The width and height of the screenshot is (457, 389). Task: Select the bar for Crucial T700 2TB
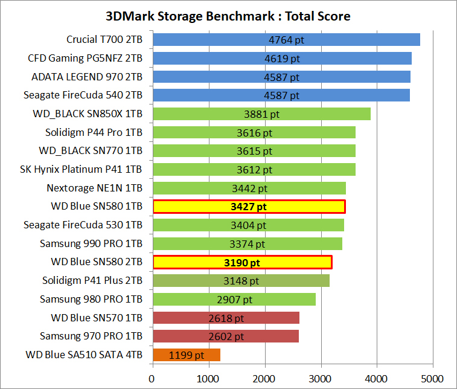pyautogui.click(x=286, y=40)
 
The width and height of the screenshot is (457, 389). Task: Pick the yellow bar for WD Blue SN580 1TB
pyautogui.click(x=249, y=207)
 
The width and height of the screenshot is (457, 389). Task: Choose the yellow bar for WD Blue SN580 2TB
pyautogui.click(x=242, y=262)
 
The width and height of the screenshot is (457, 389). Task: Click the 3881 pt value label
pyautogui.click(x=261, y=114)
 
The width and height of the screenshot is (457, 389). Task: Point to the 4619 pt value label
pyautogui.click(x=282, y=59)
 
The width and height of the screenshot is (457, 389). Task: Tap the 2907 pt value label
pyautogui.click(x=234, y=299)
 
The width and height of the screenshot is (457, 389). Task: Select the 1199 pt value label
pyautogui.click(x=187, y=355)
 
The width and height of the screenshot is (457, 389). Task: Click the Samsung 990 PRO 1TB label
pyautogui.click(x=91, y=243)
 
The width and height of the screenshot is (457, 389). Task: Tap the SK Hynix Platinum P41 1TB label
pyautogui.click(x=81, y=169)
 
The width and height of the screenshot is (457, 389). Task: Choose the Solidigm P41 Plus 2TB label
pyautogui.click(x=92, y=280)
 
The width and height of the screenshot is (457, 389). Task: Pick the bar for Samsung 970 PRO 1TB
pyautogui.click(x=225, y=336)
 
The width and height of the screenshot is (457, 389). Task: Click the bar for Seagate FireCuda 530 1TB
pyautogui.click(x=248, y=225)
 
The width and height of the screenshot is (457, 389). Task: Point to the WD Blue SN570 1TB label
pyautogui.click(x=97, y=317)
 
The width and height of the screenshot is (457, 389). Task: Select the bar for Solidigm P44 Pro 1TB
pyautogui.click(x=254, y=132)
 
